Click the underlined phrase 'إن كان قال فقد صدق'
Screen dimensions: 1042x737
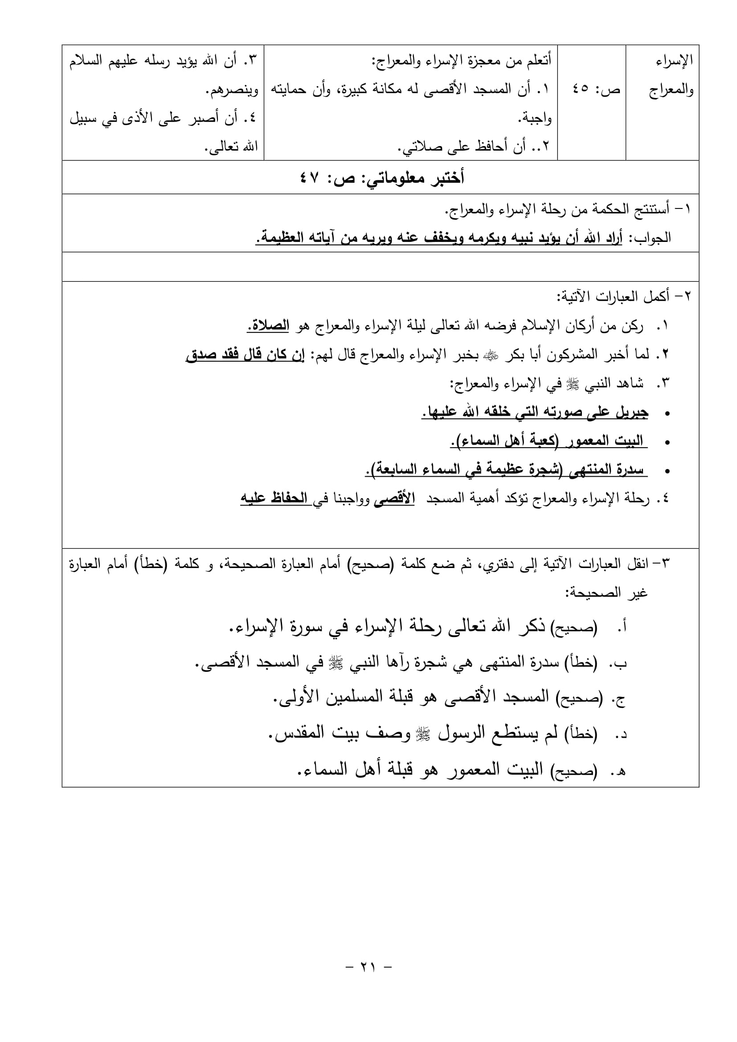pos(245,355)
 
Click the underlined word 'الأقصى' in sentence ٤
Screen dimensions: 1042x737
pos(393,499)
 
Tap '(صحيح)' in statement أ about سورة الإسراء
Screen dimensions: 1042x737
pos(573,628)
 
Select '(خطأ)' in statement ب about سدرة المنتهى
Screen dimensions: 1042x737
pos(581,664)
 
